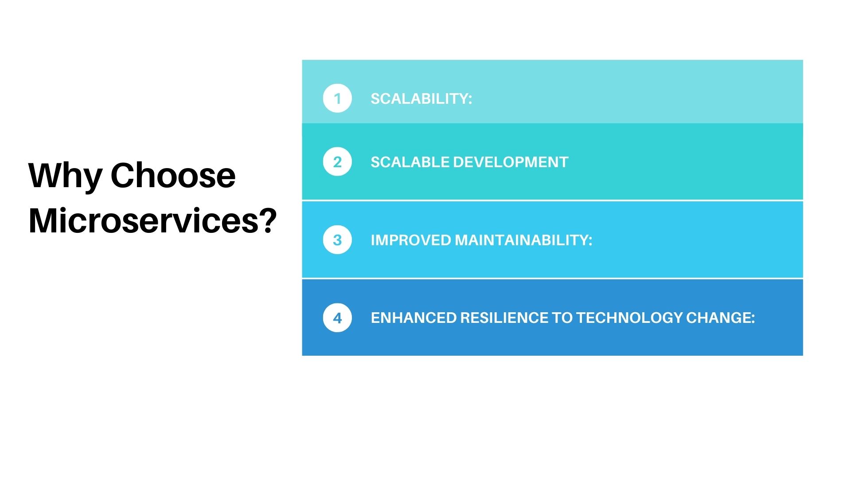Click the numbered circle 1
[337, 98]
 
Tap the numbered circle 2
[337, 162]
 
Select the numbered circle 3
[337, 240]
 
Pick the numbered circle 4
[337, 318]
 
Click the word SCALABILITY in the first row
[418, 98]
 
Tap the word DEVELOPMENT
[511, 162]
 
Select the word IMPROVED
[410, 240]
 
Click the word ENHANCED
[414, 318]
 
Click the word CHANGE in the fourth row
[718, 318]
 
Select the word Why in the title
[65, 176]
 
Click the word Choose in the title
[173, 176]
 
